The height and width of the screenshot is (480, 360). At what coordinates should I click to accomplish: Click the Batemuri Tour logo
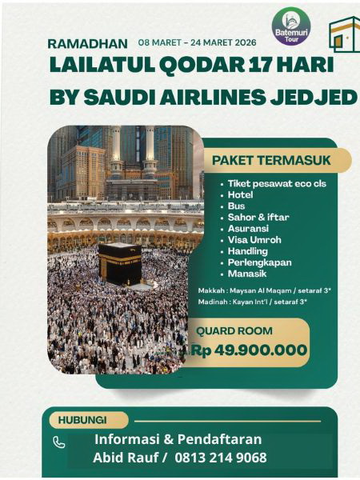tap(290, 26)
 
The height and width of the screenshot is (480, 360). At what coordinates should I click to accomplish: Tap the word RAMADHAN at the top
tap(87, 43)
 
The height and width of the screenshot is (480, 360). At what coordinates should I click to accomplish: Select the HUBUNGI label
tap(82, 420)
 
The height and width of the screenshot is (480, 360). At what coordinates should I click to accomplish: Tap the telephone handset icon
tap(59, 442)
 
